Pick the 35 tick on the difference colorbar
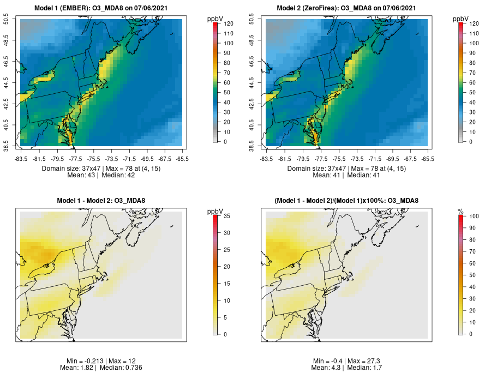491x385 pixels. pyautogui.click(x=225, y=216)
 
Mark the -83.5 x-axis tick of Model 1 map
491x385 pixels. pyautogui.click(x=21, y=159)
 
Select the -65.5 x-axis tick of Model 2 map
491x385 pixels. pyautogui.click(x=428, y=159)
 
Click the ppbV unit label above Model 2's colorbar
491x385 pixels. pyautogui.click(x=460, y=19)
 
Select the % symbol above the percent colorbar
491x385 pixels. pyautogui.click(x=460, y=211)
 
